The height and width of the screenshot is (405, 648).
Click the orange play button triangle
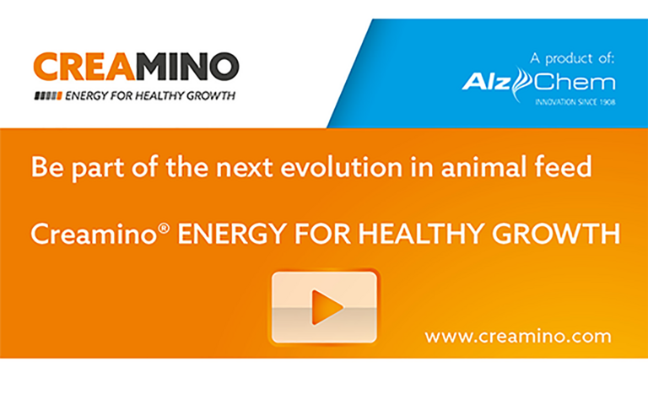(x=327, y=307)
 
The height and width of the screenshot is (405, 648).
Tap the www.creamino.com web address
(x=518, y=336)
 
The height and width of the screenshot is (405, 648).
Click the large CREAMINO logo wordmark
(x=137, y=67)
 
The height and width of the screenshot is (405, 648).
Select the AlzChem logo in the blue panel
(x=538, y=84)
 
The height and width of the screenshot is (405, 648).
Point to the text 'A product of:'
(x=572, y=59)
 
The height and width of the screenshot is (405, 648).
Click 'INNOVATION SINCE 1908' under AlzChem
(x=575, y=101)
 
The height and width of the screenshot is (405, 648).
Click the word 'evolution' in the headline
(x=342, y=167)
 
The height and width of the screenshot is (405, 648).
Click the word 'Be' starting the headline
(x=47, y=167)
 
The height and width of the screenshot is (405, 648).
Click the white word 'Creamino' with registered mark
(x=93, y=234)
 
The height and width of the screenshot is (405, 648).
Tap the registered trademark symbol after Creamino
(x=164, y=228)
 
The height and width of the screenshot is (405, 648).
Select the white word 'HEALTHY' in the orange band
(x=421, y=234)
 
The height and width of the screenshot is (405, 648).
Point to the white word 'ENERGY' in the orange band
(x=232, y=234)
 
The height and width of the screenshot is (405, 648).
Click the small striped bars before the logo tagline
(x=48, y=96)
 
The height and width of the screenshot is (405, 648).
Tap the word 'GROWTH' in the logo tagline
(x=211, y=96)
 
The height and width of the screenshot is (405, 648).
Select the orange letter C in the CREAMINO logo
(x=47, y=67)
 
